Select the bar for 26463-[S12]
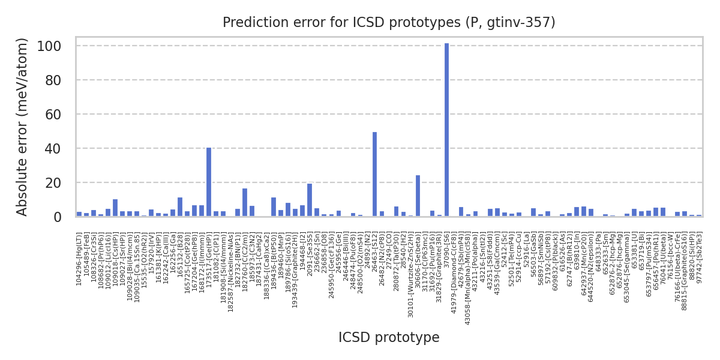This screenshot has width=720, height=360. click(x=374, y=174)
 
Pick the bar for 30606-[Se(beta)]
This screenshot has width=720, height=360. click(x=418, y=196)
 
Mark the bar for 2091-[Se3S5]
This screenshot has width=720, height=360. click(x=310, y=200)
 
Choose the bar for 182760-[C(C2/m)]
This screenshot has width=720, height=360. click(x=245, y=202)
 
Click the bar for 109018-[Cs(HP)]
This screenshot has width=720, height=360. click(x=115, y=208)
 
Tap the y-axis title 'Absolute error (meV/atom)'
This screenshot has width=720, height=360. click(x=23, y=127)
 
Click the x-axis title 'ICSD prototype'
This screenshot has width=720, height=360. click(x=389, y=338)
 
